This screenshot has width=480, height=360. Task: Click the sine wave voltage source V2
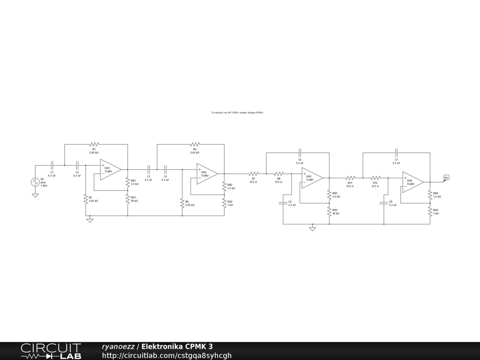click(x=35, y=182)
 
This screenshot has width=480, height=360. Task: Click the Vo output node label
click(x=446, y=177)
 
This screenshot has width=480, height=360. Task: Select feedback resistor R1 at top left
click(x=94, y=144)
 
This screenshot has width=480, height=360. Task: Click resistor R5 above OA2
click(x=195, y=144)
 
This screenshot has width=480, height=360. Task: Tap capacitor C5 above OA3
click(x=300, y=152)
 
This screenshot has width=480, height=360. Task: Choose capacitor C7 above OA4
click(x=397, y=152)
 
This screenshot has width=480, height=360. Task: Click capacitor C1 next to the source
click(x=52, y=165)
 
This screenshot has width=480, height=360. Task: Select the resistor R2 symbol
click(x=86, y=199)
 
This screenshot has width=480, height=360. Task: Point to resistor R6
click(x=182, y=203)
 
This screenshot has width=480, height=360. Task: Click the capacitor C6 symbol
click(x=283, y=203)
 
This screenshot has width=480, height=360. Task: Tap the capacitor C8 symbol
click(x=383, y=203)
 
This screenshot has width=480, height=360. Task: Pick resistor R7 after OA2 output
click(x=254, y=173)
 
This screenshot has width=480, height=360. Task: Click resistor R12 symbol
click(x=375, y=178)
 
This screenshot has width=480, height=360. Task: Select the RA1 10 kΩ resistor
click(x=127, y=199)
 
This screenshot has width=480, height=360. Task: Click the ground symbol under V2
click(x=35, y=195)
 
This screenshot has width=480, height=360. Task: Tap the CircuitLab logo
click(x=51, y=351)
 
